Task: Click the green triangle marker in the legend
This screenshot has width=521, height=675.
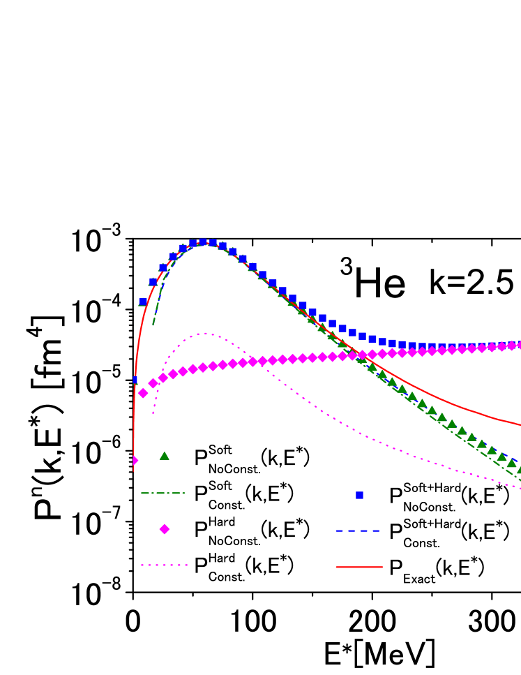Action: point(164,456)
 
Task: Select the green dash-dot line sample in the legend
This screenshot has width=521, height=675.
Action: point(163,493)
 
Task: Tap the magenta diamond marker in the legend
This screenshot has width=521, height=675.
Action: point(164,529)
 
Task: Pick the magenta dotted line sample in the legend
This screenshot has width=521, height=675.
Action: point(164,565)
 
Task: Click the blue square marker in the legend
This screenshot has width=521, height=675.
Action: point(359,495)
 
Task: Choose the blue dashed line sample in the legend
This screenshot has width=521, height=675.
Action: point(358,531)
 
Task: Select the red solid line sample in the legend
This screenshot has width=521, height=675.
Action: point(358,567)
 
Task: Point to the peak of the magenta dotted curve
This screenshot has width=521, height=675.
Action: point(204,334)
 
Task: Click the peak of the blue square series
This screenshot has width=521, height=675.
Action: point(203,242)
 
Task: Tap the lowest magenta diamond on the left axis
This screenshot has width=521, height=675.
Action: point(134,461)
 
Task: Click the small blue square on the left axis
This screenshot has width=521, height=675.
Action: point(135,380)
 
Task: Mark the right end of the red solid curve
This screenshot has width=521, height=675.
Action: point(520,424)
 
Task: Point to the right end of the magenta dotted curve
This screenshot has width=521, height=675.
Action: point(520,488)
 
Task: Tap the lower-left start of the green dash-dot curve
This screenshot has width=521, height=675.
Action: point(153,325)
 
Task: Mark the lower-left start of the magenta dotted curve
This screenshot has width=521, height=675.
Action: point(153,414)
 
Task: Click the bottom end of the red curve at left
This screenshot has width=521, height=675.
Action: point(133,472)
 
